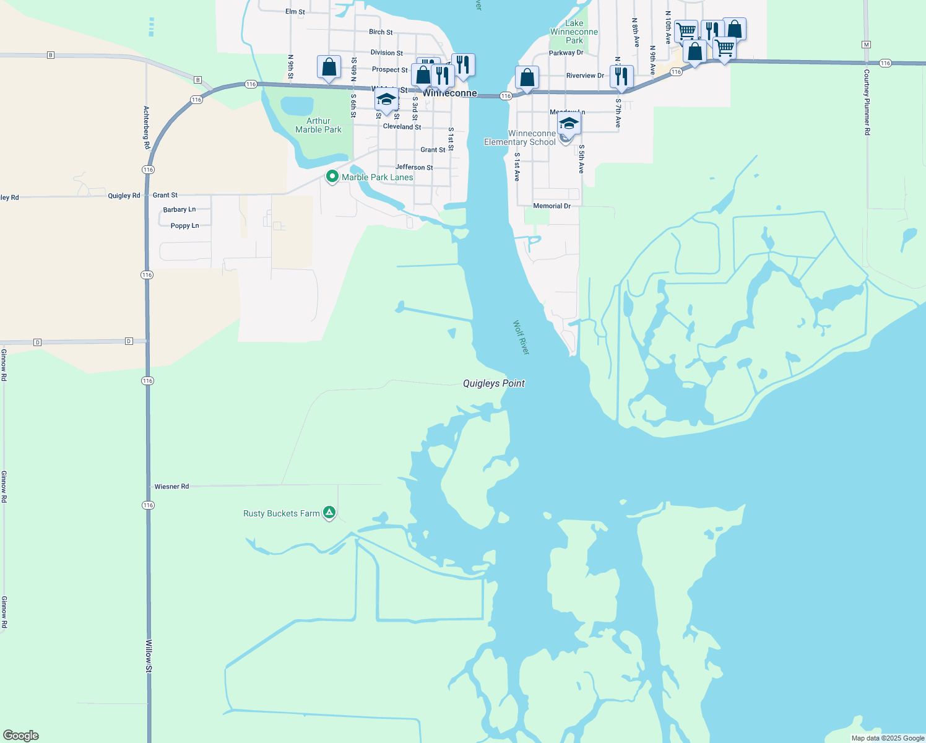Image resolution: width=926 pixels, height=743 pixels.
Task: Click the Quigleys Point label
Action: click(x=493, y=383)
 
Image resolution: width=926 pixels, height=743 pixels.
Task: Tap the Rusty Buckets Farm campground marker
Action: click(x=330, y=512)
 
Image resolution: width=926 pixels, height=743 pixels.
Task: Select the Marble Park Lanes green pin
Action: click(x=332, y=176)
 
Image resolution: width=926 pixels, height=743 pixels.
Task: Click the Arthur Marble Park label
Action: click(x=318, y=125)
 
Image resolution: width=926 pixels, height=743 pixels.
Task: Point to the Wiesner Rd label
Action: click(x=171, y=487)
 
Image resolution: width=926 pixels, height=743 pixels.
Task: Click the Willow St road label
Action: click(x=149, y=656)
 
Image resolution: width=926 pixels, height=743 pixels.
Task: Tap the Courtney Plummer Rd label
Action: click(x=867, y=102)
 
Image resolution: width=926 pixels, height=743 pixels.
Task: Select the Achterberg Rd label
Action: click(x=147, y=128)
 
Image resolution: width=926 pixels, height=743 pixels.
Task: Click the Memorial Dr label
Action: click(x=552, y=206)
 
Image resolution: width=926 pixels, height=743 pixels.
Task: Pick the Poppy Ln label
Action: click(x=184, y=226)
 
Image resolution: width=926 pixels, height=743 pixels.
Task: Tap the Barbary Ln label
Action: click(x=179, y=210)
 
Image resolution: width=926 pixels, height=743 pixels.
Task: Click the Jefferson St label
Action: click(x=414, y=167)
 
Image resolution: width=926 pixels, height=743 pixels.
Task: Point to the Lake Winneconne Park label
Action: click(x=574, y=32)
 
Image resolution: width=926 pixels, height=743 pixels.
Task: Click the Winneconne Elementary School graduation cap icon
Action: click(x=569, y=123)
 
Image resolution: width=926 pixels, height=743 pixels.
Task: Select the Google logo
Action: click(x=21, y=736)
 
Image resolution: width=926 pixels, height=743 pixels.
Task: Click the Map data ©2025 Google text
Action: click(x=888, y=738)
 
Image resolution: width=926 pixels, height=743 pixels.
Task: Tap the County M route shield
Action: click(x=866, y=45)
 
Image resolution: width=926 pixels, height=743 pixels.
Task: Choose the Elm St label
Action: click(x=295, y=12)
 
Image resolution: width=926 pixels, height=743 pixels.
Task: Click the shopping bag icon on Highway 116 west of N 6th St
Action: click(x=329, y=67)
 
